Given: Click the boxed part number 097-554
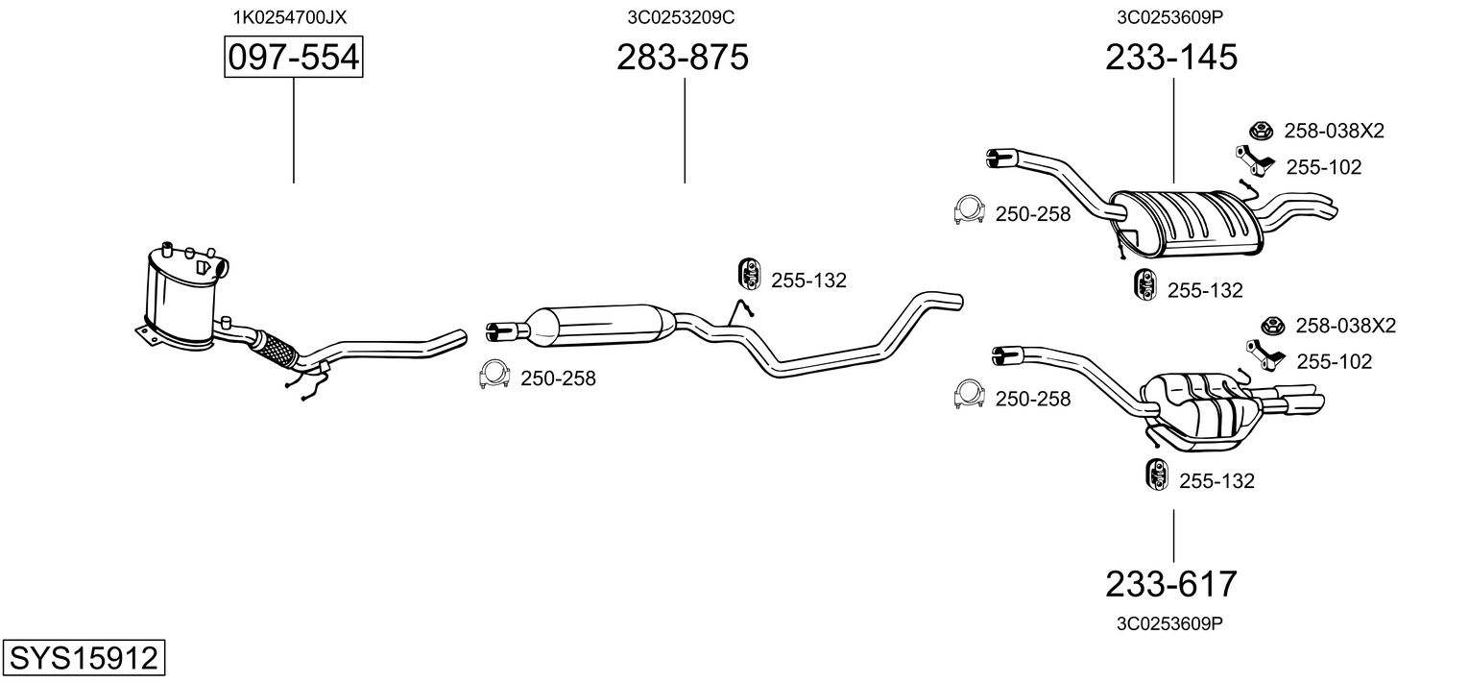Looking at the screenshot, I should pyautogui.click(x=293, y=59).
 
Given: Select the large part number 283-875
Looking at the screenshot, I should pyautogui.click(x=683, y=59).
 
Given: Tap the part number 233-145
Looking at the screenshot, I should pyautogui.click(x=1171, y=59).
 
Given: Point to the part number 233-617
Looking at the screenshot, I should pyautogui.click(x=1171, y=583).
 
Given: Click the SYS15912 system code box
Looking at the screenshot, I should pyautogui.click(x=83, y=659).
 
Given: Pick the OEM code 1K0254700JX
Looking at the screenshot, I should pyautogui.click(x=289, y=16).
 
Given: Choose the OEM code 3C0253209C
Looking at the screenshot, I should pyautogui.click(x=682, y=16).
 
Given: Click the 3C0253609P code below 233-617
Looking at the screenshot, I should pyautogui.click(x=1169, y=622).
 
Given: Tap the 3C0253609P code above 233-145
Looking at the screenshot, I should pyautogui.click(x=1171, y=16).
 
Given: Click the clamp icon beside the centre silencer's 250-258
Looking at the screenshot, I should pyautogui.click(x=494, y=377).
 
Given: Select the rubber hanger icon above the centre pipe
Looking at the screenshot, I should pyautogui.click(x=746, y=274).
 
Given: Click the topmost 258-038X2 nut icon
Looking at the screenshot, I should pyautogui.click(x=1260, y=131).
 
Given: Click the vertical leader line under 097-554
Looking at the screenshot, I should pyautogui.click(x=293, y=130).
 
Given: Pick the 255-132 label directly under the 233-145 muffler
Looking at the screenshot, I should pyautogui.click(x=1205, y=290).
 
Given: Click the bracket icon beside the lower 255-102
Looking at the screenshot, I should pyautogui.click(x=1264, y=354).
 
